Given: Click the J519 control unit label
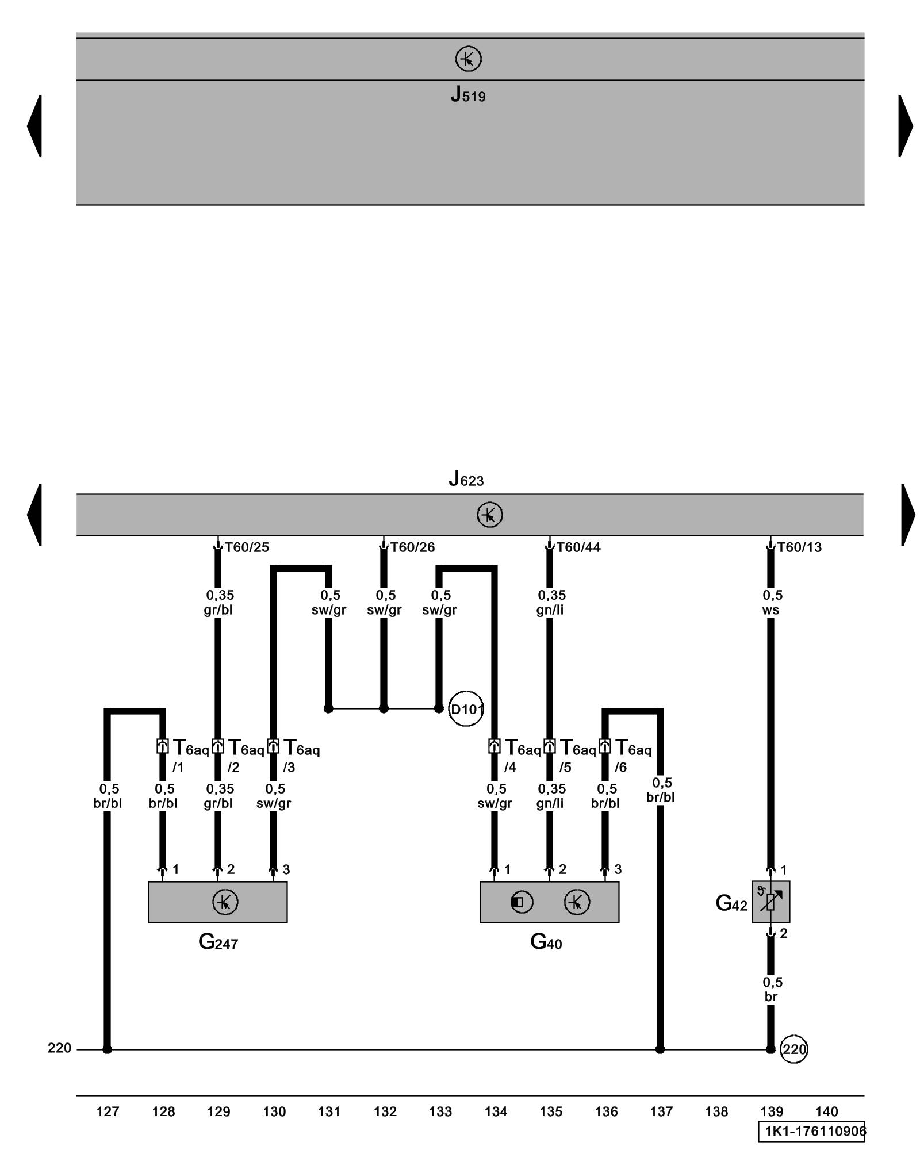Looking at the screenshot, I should click(x=467, y=94).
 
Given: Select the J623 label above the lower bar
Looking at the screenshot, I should click(x=466, y=478).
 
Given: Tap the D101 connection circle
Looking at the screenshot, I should click(x=466, y=709).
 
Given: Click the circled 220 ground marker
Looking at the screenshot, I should click(x=794, y=1049).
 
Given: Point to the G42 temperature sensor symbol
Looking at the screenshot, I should click(x=770, y=902).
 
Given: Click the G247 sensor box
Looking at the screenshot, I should click(x=217, y=902).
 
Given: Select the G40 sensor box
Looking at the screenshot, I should click(x=549, y=902).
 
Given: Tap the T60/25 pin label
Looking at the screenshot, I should click(x=247, y=547).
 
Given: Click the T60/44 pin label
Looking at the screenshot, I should click(x=578, y=547).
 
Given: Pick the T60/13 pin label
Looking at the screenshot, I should click(x=799, y=547).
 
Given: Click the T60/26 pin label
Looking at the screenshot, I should click(x=413, y=547).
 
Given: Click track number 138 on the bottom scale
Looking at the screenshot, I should click(x=716, y=1111).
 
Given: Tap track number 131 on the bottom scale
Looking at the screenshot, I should click(x=329, y=1111).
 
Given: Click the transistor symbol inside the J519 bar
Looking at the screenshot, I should click(x=468, y=59).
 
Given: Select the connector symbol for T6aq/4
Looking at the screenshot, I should click(x=494, y=746).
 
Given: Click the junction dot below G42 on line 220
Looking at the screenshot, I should click(x=770, y=1049).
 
